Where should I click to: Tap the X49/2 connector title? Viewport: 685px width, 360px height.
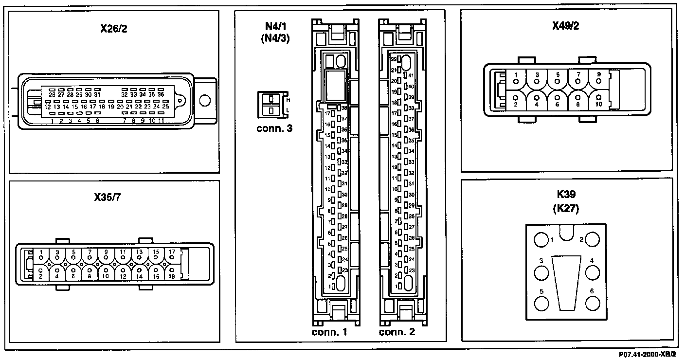(565, 26)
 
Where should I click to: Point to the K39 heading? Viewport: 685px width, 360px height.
(566, 195)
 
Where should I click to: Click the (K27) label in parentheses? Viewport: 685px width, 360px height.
(566, 209)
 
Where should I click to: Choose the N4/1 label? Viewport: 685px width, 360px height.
(275, 27)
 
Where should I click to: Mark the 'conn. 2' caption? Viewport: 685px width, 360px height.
(397, 333)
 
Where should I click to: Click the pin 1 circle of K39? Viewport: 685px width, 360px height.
(541, 240)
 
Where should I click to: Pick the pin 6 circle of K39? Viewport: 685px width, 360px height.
(592, 303)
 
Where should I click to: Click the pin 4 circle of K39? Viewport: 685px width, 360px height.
(592, 273)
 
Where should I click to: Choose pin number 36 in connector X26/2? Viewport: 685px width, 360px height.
(161, 94)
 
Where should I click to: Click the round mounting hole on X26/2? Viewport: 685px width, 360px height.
(205, 101)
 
